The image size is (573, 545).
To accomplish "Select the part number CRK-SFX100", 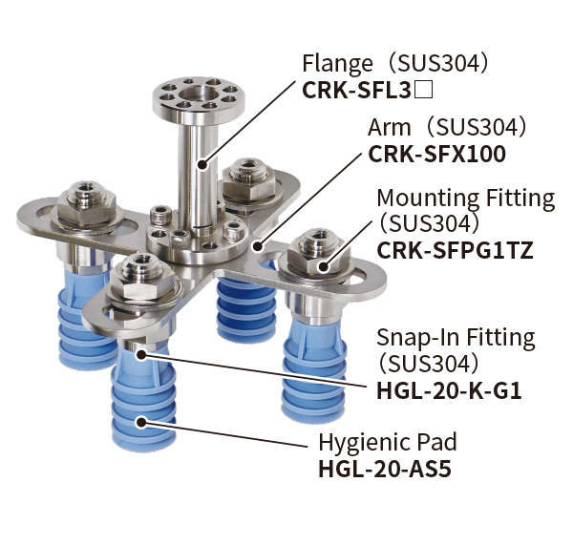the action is click(x=437, y=155).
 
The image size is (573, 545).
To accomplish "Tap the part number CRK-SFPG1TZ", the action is click(x=455, y=251).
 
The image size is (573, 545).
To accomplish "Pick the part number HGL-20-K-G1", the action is click(x=449, y=391).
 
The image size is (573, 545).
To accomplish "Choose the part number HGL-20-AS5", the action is click(x=385, y=470).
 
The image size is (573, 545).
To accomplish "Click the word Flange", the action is click(x=337, y=64).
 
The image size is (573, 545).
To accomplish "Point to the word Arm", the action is click(x=390, y=128).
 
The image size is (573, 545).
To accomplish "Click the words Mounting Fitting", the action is click(x=466, y=199).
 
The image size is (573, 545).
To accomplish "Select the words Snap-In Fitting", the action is click(x=456, y=338).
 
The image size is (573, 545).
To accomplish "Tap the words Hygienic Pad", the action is click(x=388, y=443).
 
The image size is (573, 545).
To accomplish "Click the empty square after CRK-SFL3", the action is click(x=424, y=91).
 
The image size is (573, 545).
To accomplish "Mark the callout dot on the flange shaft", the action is click(x=202, y=165).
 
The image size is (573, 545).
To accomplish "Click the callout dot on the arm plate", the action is click(x=259, y=246).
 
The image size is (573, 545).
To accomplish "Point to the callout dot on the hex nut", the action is click(x=323, y=266).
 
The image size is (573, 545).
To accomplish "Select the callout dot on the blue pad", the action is click(x=140, y=422).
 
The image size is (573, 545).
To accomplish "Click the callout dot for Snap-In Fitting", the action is click(x=140, y=354).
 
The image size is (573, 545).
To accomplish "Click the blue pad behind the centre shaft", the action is click(x=246, y=309).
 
